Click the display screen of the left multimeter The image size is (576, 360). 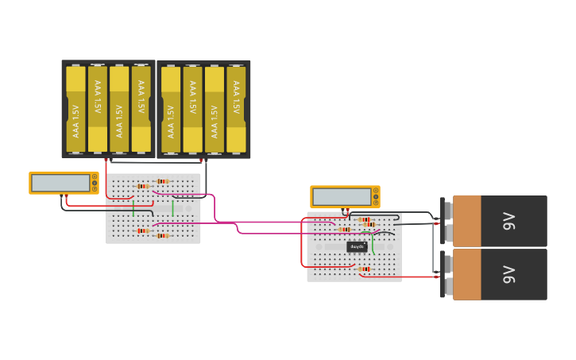tap(60, 183)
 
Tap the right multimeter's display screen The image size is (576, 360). tap(342, 196)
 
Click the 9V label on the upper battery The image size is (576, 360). tap(509, 221)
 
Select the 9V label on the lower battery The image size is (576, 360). tap(509, 275)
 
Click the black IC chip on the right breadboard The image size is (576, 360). tap(357, 246)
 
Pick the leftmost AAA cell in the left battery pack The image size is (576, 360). tap(75, 109)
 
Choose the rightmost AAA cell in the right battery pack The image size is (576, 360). tap(236, 109)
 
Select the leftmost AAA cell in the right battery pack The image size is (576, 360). tap(171, 109)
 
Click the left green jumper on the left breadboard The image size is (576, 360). tap(133, 208)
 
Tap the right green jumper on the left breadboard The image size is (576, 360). tap(172, 208)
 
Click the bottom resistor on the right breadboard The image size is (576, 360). tap(365, 269)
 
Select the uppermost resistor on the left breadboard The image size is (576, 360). tap(163, 181)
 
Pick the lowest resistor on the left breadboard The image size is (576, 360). tap(163, 235)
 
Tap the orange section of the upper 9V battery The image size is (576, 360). tap(466, 221)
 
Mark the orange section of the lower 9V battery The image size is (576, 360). tap(466, 275)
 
